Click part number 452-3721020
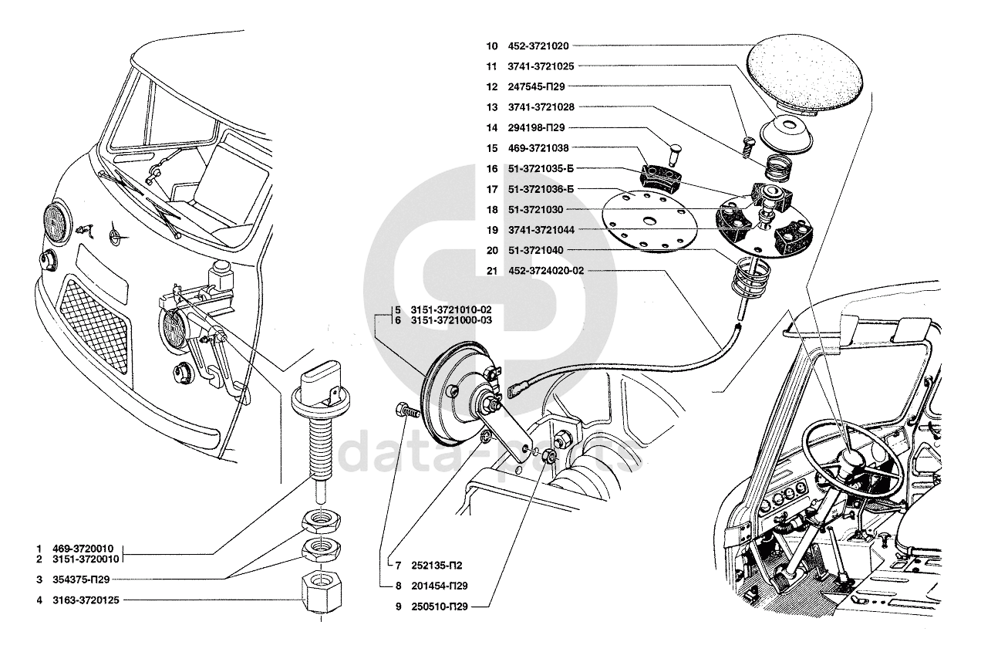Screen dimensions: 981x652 538,46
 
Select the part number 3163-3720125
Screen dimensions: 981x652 86,600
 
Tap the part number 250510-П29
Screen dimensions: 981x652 440,606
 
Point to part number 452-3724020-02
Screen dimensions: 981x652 546,271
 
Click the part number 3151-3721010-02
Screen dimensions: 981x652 451,309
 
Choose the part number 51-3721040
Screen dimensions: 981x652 535,250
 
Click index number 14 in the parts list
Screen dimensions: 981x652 492,128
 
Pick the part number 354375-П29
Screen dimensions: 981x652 81,579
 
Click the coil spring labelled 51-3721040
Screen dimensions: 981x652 750,279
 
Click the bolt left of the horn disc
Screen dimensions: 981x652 407,411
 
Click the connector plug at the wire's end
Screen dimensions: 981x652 517,390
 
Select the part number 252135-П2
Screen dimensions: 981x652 437,566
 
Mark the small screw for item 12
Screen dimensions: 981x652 747,147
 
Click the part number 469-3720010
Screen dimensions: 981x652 83,549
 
